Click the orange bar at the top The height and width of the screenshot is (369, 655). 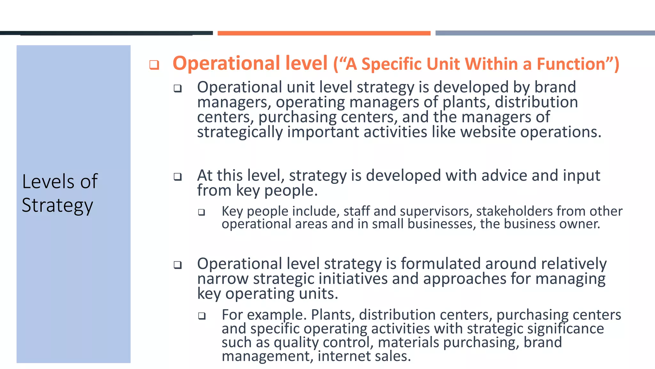click(x=324, y=33)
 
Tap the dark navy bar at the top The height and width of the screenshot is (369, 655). click(x=106, y=33)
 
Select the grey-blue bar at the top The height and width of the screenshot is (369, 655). click(x=545, y=33)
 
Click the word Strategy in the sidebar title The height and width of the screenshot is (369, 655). click(x=58, y=205)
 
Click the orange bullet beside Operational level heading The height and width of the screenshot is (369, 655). click(x=154, y=65)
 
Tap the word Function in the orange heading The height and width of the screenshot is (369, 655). click(x=571, y=64)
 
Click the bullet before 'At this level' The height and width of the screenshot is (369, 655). click(x=178, y=176)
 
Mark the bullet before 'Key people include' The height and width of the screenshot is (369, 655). click(x=201, y=212)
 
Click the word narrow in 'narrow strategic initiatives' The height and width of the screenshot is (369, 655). click(x=223, y=279)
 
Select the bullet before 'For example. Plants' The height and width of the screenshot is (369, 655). click(x=201, y=316)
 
